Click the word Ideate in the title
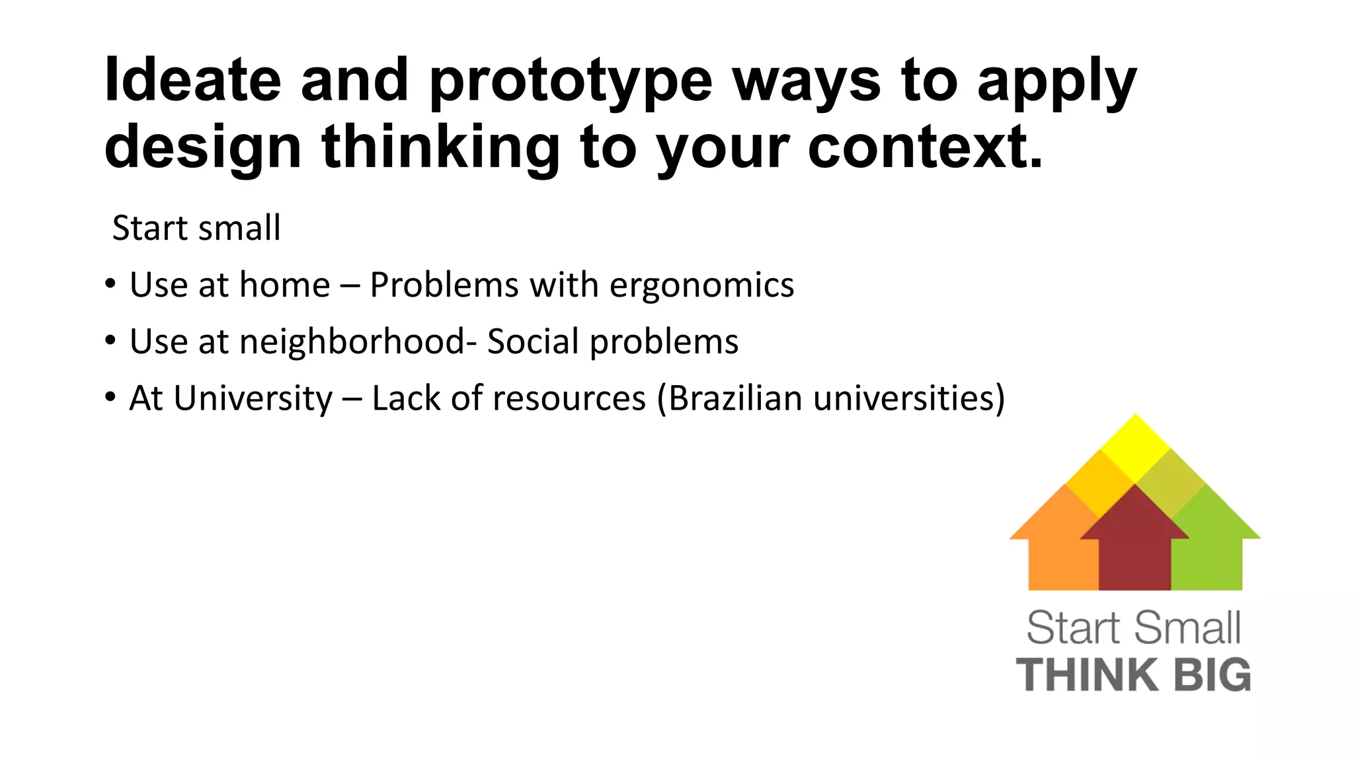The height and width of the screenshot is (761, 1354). (192, 80)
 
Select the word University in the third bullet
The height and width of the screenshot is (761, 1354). (253, 399)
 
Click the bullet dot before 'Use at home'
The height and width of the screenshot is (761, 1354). (110, 284)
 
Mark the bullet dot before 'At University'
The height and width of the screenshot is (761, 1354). (110, 398)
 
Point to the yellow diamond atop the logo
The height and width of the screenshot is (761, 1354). (1135, 446)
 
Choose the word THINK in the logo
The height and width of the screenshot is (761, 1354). (1087, 675)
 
